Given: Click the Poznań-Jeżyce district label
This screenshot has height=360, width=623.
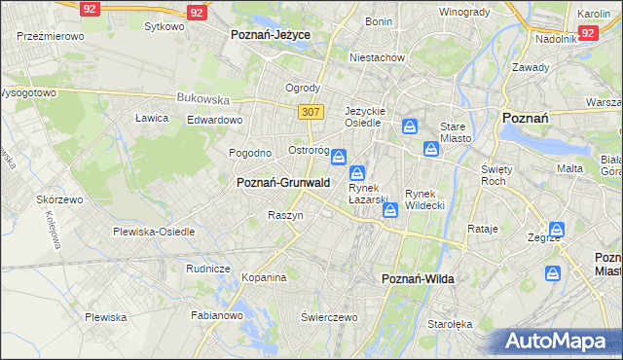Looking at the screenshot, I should coord(270,33).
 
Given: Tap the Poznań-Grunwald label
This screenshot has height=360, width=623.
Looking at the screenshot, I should coord(283,182).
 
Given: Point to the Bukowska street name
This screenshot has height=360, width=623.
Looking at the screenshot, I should coord(202,98).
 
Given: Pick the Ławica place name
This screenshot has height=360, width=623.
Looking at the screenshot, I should coord(152,118).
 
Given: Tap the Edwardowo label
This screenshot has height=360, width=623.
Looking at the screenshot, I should coord(214,120).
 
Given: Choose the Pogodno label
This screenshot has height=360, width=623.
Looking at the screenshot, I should coord(249,153).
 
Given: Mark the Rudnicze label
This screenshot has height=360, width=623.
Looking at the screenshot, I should coord(207,268).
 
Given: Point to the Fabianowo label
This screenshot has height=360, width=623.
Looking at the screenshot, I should coord(216,314).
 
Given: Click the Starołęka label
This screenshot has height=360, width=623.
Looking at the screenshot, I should coord(451,324).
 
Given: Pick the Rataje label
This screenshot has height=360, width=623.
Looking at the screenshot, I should coord(483,230).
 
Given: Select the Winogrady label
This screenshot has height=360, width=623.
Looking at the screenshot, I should coord(463,12).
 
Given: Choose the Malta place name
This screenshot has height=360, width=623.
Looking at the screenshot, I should coord(569,168).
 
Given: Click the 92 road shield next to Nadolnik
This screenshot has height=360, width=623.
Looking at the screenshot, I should coord(586,33).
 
